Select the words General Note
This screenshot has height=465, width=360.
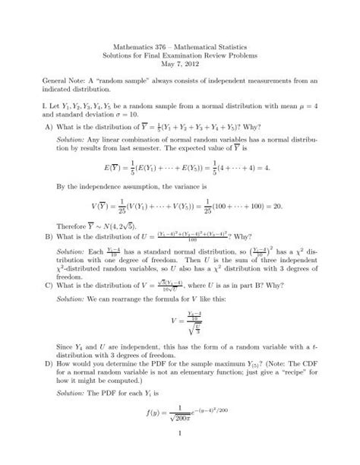coord(64,90)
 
